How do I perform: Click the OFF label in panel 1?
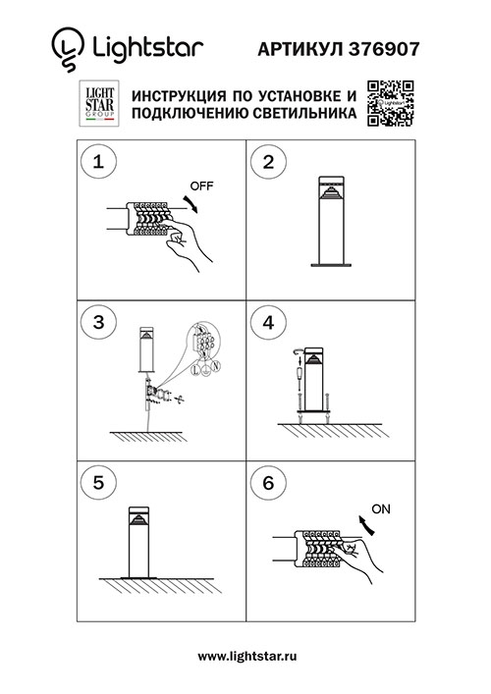[x=200, y=186]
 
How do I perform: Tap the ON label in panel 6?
[x=381, y=509]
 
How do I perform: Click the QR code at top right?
[x=391, y=104]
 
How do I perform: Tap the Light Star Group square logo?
[x=98, y=104]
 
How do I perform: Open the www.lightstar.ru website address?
[x=246, y=654]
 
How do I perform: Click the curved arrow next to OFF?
[x=192, y=201]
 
